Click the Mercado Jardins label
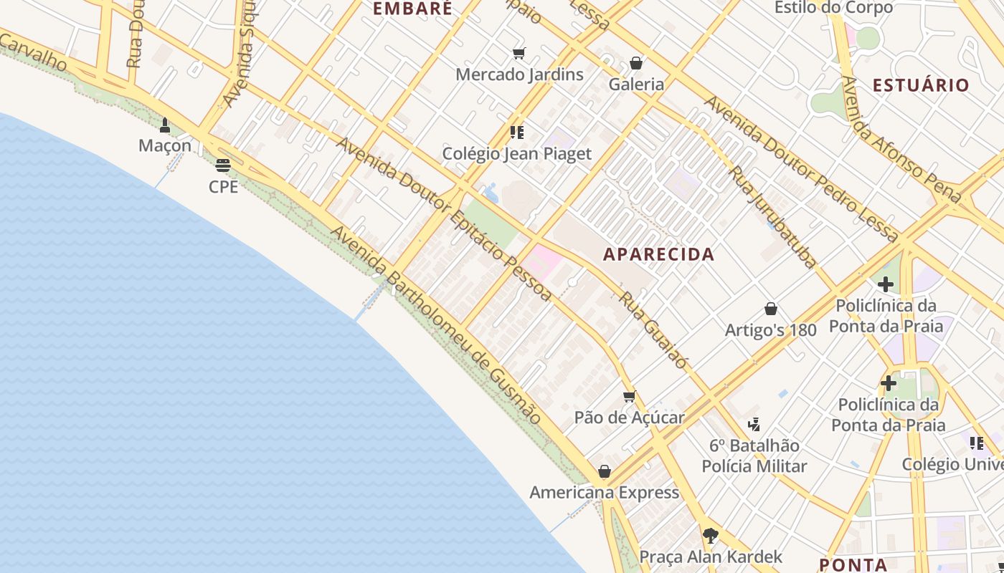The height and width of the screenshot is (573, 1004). pyautogui.click(x=519, y=74)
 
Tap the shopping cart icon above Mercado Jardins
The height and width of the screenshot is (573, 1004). pyautogui.click(x=519, y=53)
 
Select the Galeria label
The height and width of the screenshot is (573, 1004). pyautogui.click(x=636, y=84)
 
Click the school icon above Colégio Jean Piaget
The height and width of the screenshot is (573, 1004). pyautogui.click(x=516, y=132)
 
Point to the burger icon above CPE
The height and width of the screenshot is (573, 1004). pyautogui.click(x=223, y=165)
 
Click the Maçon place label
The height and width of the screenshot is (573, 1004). pyautogui.click(x=165, y=145)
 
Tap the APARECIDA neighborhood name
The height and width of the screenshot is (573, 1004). pyautogui.click(x=658, y=254)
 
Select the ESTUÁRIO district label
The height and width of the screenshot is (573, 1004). pyautogui.click(x=920, y=85)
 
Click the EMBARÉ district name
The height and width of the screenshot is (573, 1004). pyautogui.click(x=413, y=9)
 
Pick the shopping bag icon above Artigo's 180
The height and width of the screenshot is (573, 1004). pyautogui.click(x=771, y=309)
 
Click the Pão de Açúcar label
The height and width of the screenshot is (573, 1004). pyautogui.click(x=629, y=417)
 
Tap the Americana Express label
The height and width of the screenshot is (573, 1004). pyautogui.click(x=604, y=492)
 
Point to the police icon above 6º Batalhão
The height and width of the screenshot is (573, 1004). pyautogui.click(x=754, y=424)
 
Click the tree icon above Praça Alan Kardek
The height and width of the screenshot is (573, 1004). pyautogui.click(x=710, y=535)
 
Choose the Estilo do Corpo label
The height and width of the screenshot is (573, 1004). pyautogui.click(x=833, y=8)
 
